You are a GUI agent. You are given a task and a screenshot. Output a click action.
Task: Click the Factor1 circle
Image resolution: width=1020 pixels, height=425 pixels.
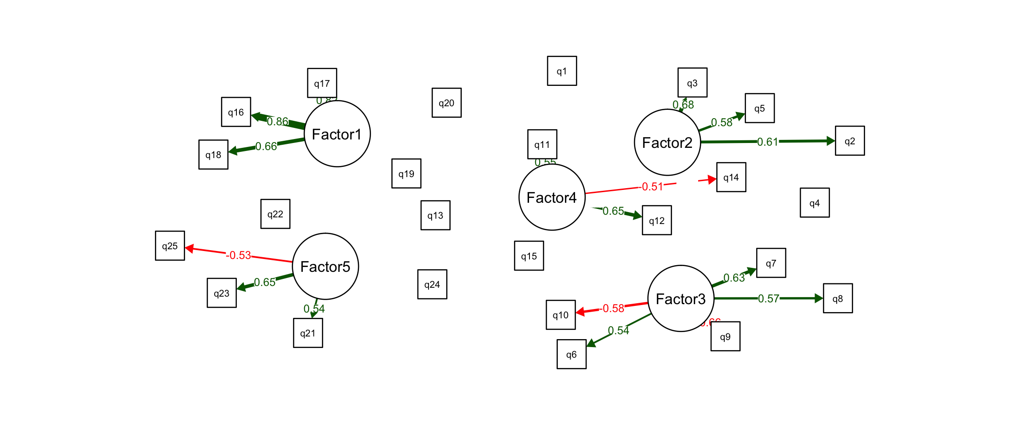[337, 134]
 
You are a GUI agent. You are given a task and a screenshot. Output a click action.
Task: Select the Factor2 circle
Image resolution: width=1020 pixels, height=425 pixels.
[667, 142]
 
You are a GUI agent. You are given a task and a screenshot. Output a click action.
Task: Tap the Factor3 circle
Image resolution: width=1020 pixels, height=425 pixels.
[680, 298]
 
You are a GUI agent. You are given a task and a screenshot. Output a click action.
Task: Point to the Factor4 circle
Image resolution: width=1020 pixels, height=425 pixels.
[552, 197]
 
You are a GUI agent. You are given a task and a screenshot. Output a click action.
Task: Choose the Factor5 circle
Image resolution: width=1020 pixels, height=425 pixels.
[325, 266]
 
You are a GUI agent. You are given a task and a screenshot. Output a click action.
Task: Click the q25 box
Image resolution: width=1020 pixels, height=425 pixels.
[170, 246]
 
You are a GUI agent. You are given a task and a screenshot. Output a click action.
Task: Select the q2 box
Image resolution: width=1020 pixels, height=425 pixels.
[850, 141]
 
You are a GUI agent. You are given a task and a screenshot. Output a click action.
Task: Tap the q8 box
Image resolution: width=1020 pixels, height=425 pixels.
[838, 298]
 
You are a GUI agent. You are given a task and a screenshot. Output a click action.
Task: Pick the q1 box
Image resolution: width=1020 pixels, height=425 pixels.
[562, 71]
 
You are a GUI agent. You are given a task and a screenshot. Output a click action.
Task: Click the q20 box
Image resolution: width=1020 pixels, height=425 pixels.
[446, 103]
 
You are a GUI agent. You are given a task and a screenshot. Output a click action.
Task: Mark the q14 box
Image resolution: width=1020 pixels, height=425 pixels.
[731, 177]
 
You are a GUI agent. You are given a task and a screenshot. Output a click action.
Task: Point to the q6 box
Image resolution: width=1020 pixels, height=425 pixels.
[572, 354]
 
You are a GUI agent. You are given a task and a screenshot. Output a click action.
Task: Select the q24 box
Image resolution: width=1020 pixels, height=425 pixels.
[432, 284]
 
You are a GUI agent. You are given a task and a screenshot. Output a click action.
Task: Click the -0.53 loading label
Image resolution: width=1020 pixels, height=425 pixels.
[239, 255]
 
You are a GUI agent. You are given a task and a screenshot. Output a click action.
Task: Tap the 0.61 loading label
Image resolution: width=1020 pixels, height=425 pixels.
[768, 142]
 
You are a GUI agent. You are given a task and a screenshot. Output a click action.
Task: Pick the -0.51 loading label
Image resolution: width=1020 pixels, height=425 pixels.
[652, 187]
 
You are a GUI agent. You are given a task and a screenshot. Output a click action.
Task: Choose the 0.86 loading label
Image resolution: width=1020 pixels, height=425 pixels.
[278, 121]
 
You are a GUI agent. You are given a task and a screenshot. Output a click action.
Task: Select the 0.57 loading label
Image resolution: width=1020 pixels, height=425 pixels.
[769, 298]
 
